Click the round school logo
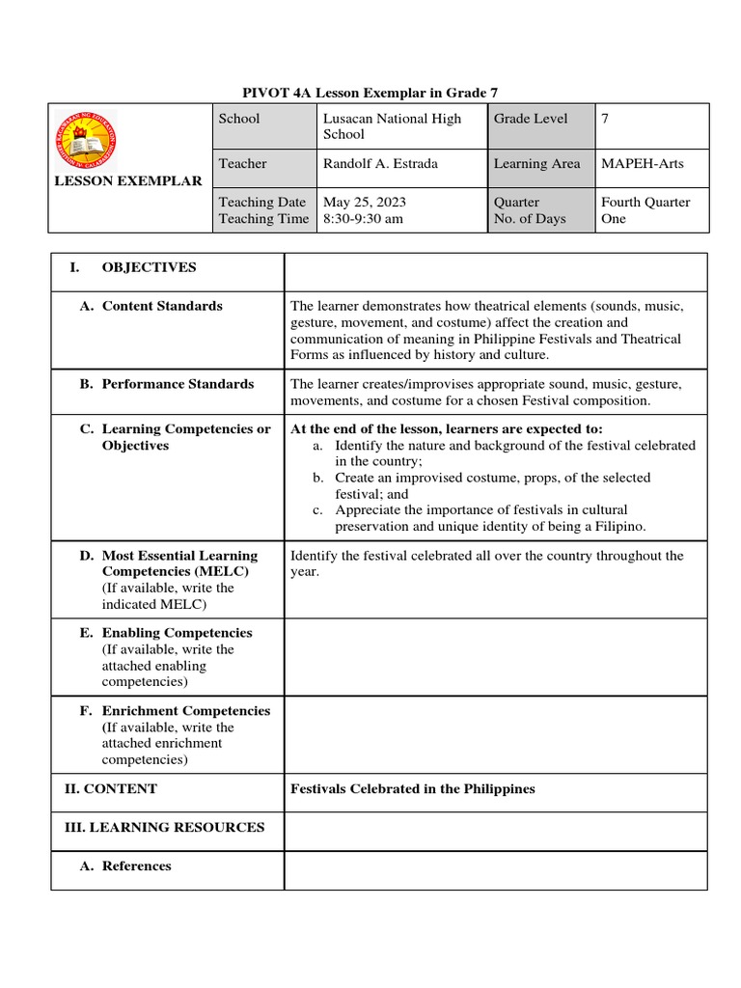85,137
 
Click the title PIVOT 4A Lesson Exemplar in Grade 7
370,92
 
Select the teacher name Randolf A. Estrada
380,164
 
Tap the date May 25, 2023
365,203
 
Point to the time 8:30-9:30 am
363,219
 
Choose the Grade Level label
531,119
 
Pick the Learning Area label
536,164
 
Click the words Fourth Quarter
645,203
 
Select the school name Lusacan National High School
392,126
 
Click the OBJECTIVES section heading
149,267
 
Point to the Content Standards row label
161,306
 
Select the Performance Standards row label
178,384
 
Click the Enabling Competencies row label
177,633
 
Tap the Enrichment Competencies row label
185,711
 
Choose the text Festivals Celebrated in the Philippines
413,789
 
